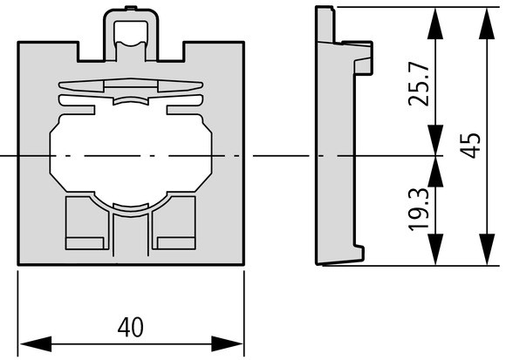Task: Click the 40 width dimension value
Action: (x=131, y=327)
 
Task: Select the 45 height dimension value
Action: (x=471, y=146)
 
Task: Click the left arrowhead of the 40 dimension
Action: (x=36, y=344)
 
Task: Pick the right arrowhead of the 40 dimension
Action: (x=228, y=344)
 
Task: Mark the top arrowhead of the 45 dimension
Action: (x=487, y=24)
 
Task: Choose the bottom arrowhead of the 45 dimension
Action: (x=487, y=250)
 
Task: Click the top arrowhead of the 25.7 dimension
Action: (x=435, y=24)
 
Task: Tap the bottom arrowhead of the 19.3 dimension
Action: (x=435, y=250)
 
